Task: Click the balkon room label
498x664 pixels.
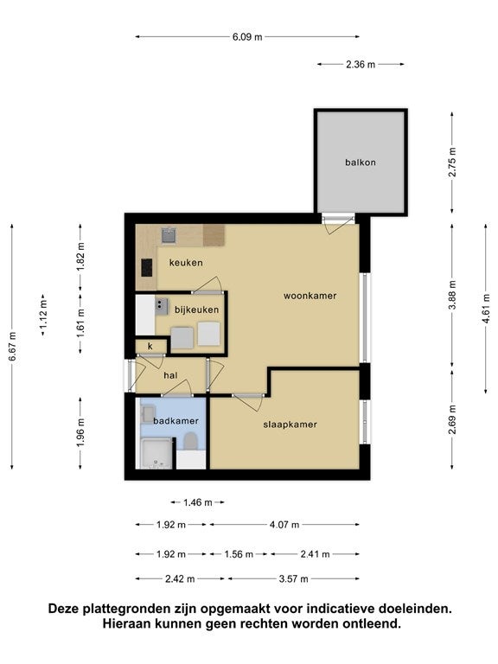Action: (361, 162)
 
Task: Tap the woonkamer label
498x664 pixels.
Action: (310, 296)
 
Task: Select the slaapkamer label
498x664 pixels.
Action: (290, 425)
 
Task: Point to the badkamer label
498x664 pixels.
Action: (176, 420)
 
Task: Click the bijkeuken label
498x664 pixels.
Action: (196, 309)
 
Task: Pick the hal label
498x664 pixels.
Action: (170, 374)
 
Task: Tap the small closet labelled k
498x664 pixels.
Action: (150, 347)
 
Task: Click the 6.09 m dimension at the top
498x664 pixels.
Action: (246, 37)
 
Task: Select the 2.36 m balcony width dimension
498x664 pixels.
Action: (361, 64)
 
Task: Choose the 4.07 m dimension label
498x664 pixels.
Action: (284, 524)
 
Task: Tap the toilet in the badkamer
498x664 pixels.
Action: (190, 442)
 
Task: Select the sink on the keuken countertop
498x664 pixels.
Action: (169, 233)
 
